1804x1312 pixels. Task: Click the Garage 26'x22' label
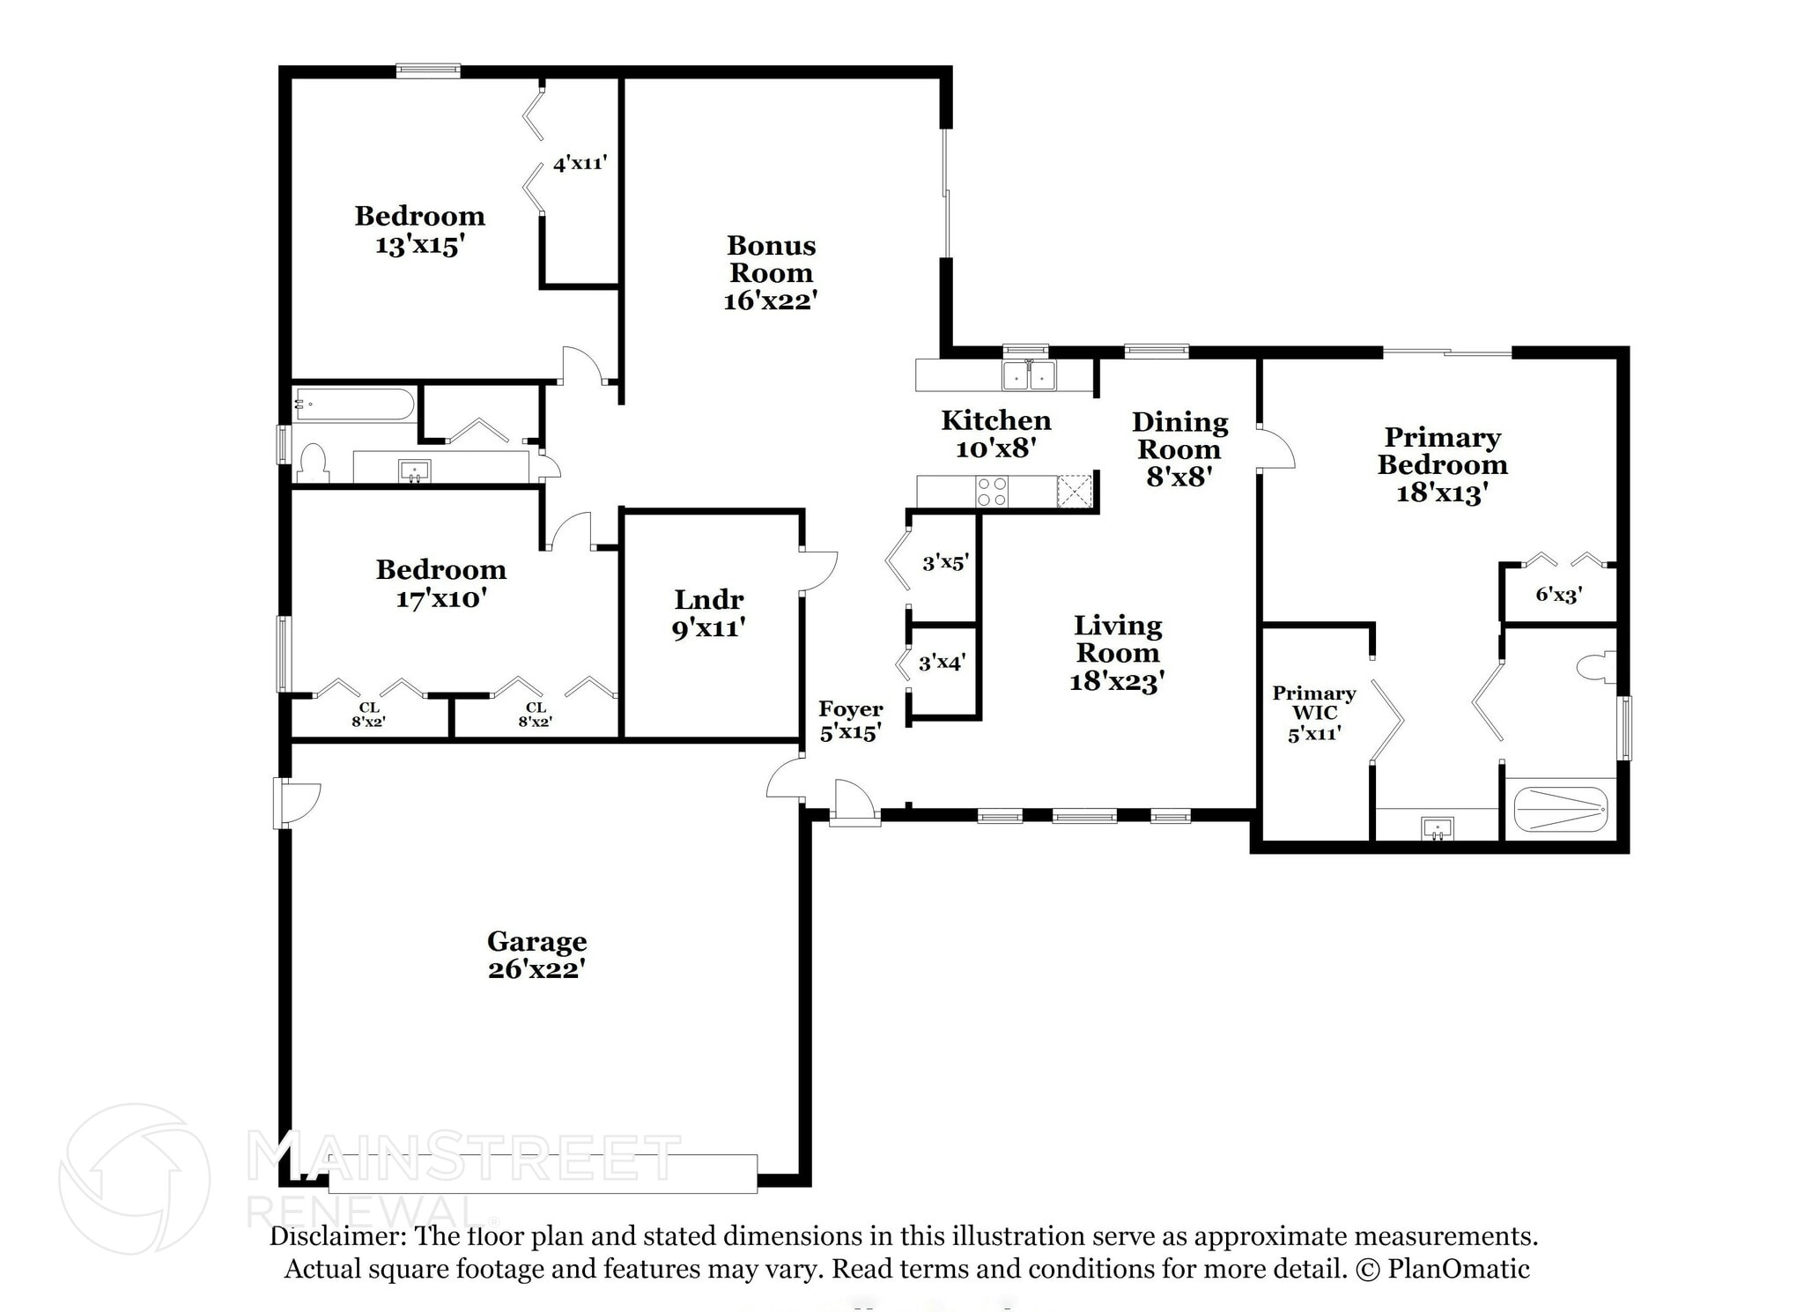(536, 955)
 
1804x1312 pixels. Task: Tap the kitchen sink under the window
(1029, 375)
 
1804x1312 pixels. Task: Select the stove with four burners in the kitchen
(991, 491)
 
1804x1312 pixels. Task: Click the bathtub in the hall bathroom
(353, 404)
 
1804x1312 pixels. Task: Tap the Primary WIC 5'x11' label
(1313, 713)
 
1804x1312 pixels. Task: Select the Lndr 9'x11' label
(708, 613)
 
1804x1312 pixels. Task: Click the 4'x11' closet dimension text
(580, 163)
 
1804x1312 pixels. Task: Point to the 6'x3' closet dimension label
(1558, 595)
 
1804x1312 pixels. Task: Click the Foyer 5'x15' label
(850, 721)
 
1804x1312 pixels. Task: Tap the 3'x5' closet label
(945, 562)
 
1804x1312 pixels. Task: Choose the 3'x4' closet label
(942, 663)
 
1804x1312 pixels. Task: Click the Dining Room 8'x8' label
(1179, 448)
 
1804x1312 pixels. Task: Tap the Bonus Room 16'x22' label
(771, 272)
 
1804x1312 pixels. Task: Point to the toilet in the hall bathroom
(313, 463)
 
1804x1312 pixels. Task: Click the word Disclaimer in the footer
(336, 1236)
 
